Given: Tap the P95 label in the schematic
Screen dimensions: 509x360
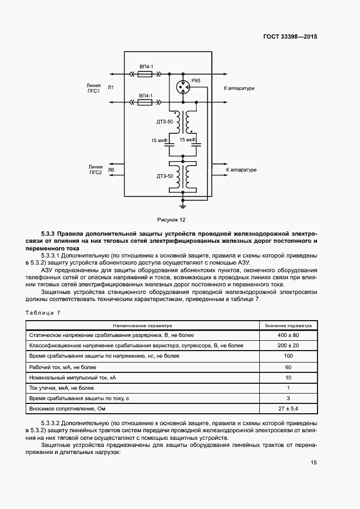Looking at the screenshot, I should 196,81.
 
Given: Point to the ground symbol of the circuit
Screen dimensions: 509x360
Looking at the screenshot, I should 183,206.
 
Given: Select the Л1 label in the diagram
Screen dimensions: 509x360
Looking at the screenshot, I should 111,88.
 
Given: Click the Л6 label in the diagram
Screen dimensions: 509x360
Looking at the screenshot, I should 111,170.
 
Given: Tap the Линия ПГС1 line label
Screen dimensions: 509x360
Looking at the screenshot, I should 93,88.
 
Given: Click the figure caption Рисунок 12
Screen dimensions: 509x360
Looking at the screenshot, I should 172,220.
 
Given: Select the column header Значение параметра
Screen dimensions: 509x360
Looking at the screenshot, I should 288,324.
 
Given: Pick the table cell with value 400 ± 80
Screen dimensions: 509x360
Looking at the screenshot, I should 288,335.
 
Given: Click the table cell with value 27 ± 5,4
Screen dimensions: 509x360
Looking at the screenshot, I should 288,408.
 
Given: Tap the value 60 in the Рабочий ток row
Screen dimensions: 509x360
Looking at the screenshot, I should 288,366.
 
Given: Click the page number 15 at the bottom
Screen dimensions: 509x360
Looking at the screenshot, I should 314,463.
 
